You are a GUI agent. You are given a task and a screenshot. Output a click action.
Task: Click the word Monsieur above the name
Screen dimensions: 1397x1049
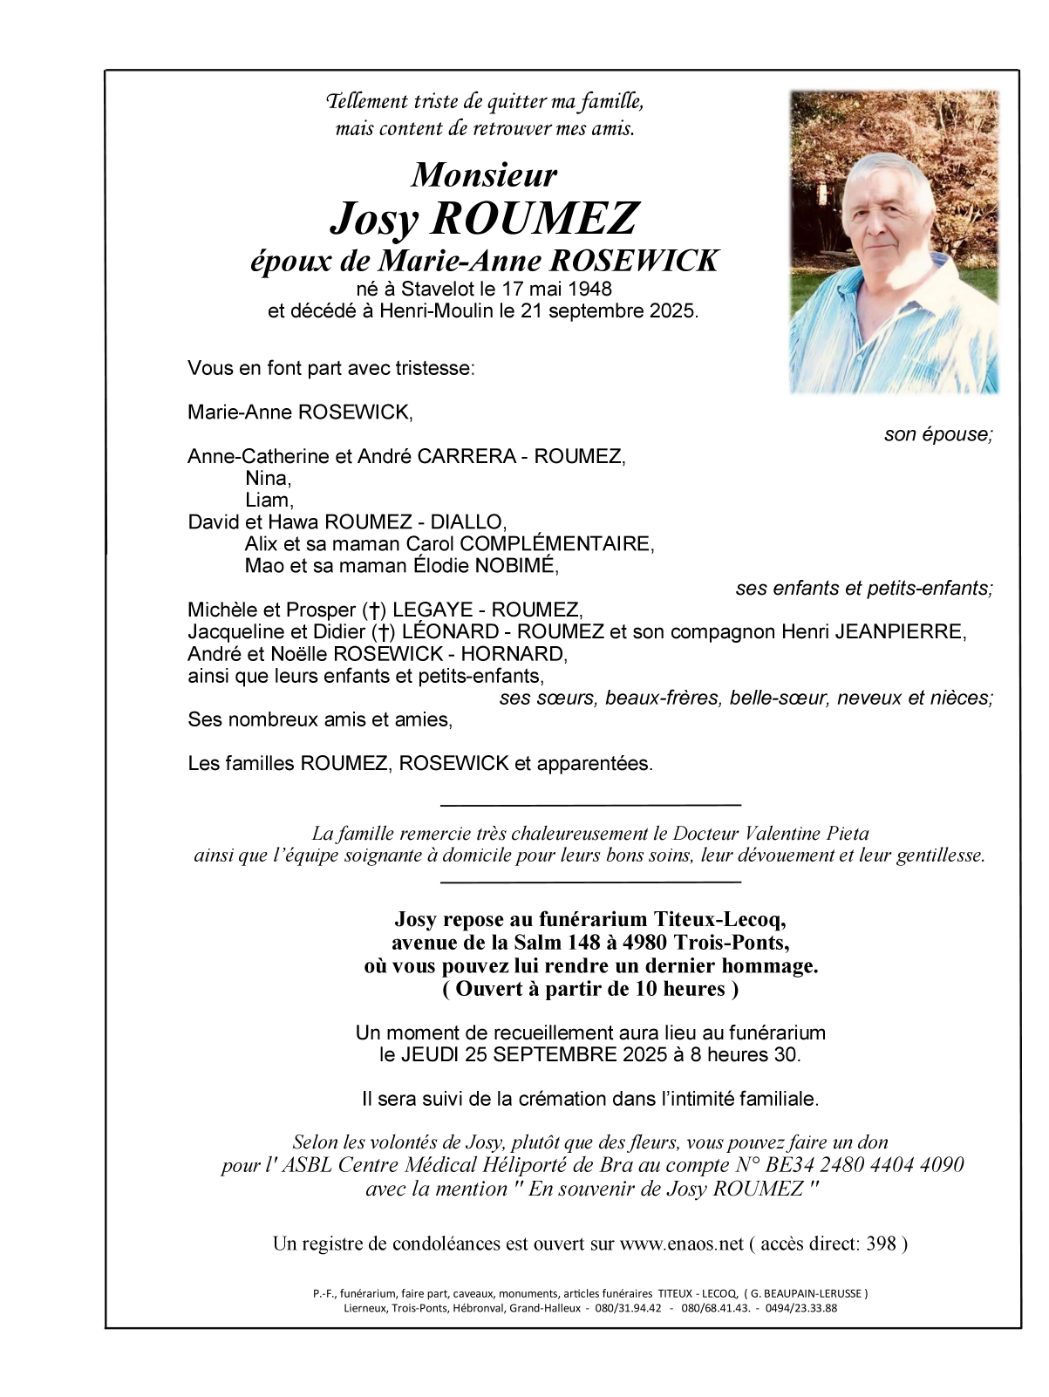[484, 175]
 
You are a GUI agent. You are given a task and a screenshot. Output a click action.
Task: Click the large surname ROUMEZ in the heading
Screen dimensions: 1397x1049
[534, 218]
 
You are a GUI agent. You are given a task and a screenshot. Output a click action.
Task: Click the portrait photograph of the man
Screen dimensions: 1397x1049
[894, 242]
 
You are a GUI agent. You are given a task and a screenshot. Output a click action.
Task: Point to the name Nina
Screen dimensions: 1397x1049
[267, 478]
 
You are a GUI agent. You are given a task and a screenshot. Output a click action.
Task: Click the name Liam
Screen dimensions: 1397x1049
[268, 500]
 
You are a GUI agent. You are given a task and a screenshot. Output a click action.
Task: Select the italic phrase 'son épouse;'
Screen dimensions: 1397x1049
[938, 434]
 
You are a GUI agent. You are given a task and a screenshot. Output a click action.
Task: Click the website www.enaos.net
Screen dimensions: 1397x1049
[681, 1244]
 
